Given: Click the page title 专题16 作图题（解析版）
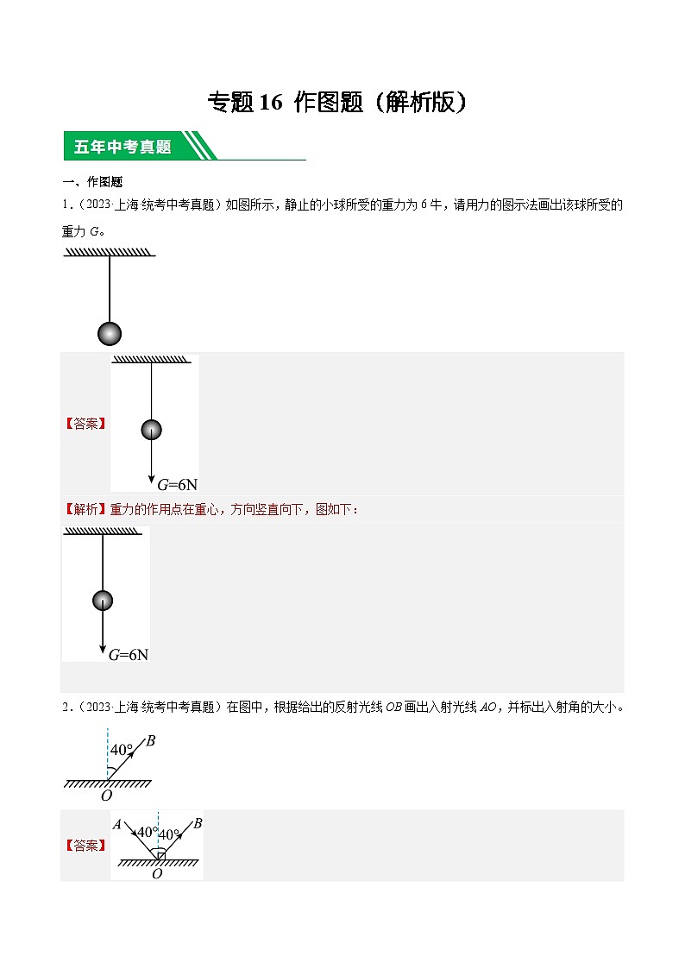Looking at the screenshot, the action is pyautogui.click(x=342, y=103).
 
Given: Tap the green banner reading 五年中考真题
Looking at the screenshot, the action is pyautogui.click(x=123, y=147).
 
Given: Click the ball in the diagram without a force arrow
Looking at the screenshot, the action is pyautogui.click(x=110, y=333).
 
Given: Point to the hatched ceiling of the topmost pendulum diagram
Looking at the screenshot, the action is pyautogui.click(x=110, y=253).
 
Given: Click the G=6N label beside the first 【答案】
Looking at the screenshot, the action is pyautogui.click(x=177, y=485).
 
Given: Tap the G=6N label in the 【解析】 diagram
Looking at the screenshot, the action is pyautogui.click(x=129, y=655).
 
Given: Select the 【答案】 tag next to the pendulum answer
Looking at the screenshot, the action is pyautogui.click(x=85, y=424).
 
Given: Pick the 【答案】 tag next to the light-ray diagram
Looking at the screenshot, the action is pyautogui.click(x=85, y=845).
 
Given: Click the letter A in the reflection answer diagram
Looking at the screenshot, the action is pyautogui.click(x=117, y=824).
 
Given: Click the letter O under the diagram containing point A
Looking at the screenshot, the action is pyautogui.click(x=157, y=874).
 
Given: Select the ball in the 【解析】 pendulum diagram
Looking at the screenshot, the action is pyautogui.click(x=103, y=600).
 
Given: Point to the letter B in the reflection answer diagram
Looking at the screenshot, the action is pyautogui.click(x=198, y=824).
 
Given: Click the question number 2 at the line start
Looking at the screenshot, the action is pyautogui.click(x=66, y=708).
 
